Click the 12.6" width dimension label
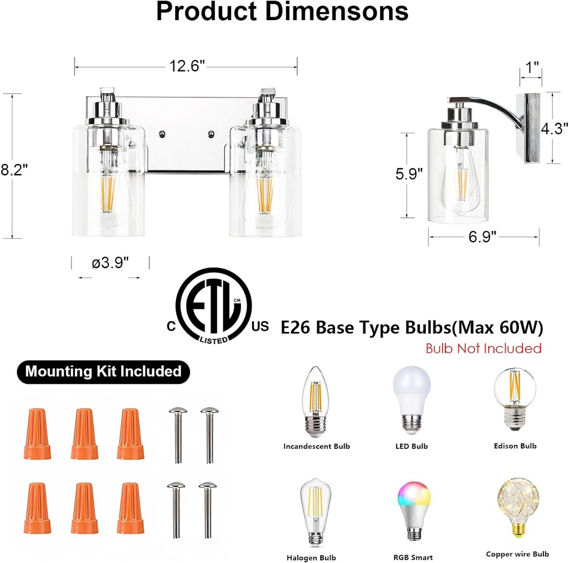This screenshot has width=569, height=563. (187, 66)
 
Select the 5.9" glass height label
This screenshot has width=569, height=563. (408, 174)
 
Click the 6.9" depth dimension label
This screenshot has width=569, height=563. (482, 238)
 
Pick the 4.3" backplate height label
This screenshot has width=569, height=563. (556, 129)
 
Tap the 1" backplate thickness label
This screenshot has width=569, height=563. (532, 68)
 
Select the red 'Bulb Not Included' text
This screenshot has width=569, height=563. (483, 349)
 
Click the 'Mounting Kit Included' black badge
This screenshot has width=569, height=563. (103, 371)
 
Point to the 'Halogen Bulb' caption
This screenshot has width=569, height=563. (311, 557)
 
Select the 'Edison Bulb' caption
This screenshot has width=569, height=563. (515, 446)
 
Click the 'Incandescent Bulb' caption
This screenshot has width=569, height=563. (317, 446)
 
